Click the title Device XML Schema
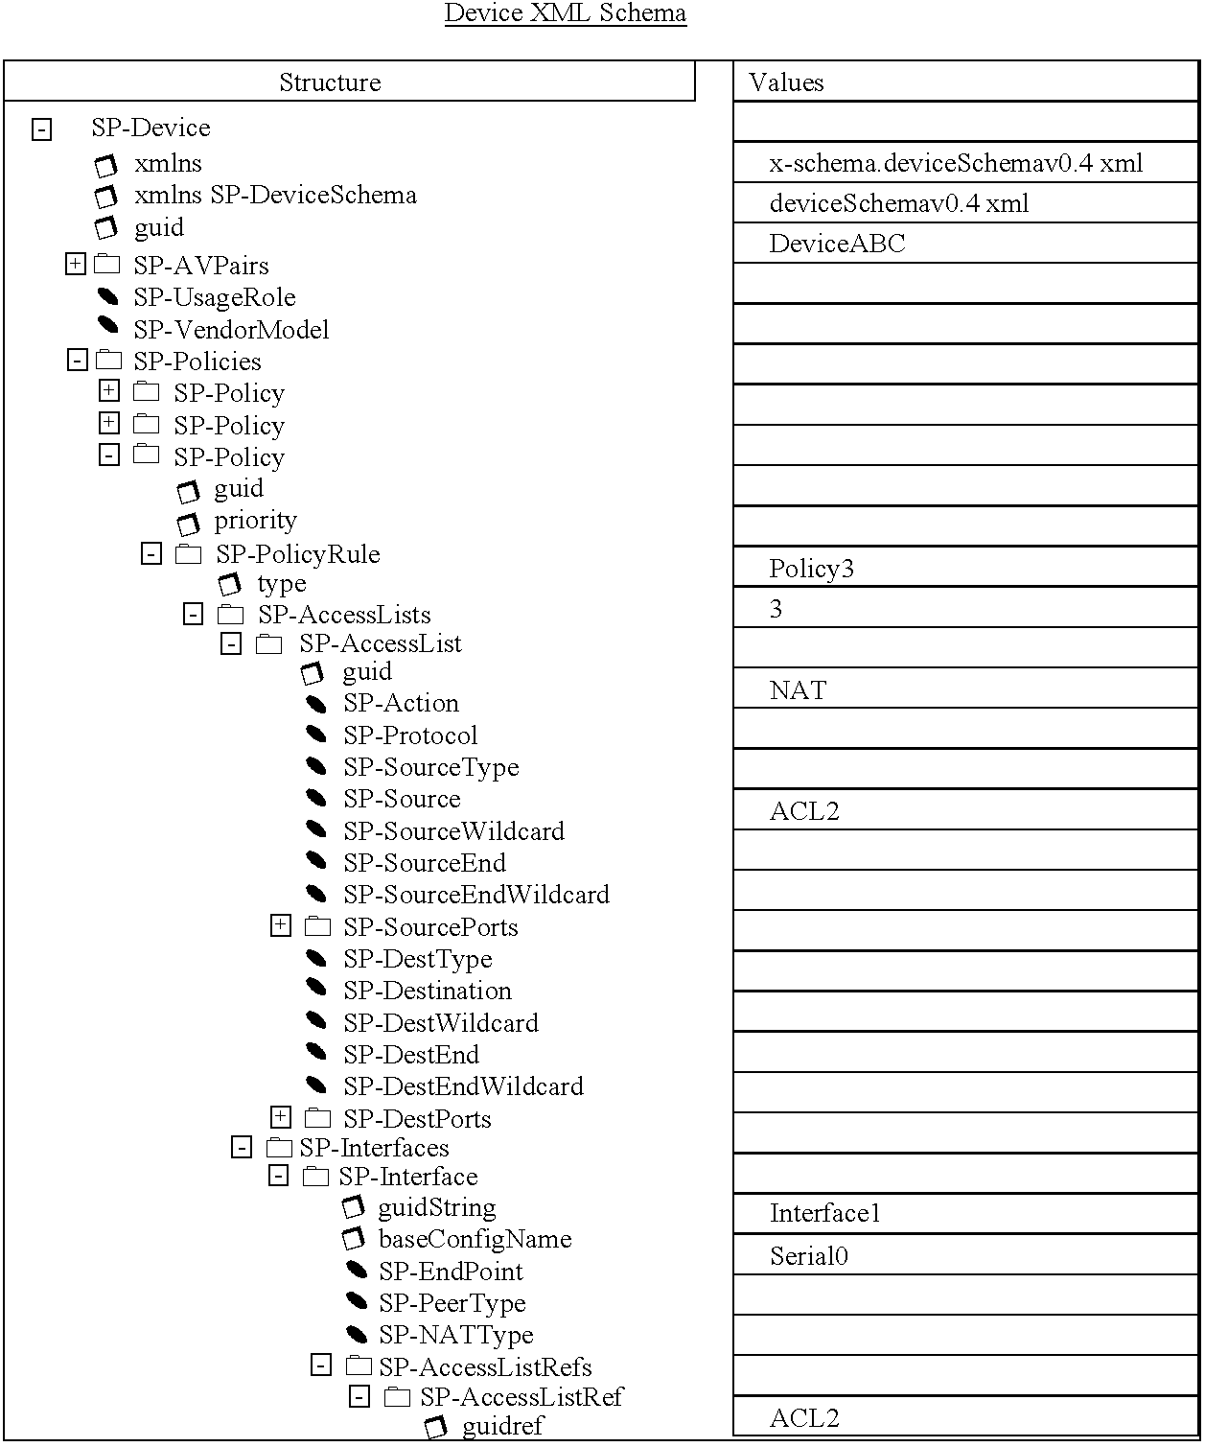565,13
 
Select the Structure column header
330,82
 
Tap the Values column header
786,82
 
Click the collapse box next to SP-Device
41,129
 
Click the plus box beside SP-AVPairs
76,264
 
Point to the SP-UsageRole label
214,297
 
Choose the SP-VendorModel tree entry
231,330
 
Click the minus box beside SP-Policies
78,361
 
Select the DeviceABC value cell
837,244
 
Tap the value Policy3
811,569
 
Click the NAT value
798,690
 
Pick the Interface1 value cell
824,1213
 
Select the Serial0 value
808,1256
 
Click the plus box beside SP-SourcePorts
281,925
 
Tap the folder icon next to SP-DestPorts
317,1118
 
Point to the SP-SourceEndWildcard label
475,895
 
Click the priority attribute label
255,520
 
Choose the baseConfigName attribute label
475,1239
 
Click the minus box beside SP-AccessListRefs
322,1365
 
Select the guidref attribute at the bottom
502,1426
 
